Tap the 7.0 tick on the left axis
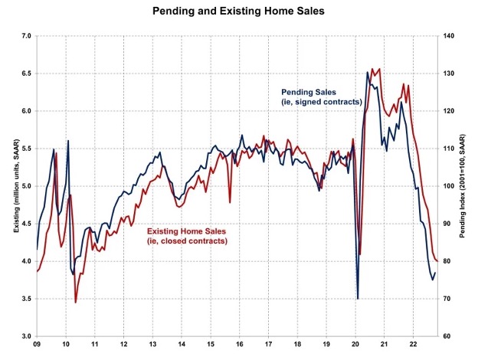[25, 36]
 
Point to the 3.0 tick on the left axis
[25, 336]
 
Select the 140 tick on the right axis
[448, 36]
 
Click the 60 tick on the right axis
[447, 336]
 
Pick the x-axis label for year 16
[241, 345]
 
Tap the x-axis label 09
[37, 345]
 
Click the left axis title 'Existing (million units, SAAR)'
[11, 186]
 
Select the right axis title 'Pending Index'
[464, 186]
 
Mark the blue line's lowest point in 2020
[358, 298]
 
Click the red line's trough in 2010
[75, 303]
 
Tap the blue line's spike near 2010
[68, 141]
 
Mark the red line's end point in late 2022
[437, 261]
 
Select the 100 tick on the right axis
[448, 186]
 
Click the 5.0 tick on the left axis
[25, 186]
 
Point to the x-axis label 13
[153, 345]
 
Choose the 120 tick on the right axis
[448, 111]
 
